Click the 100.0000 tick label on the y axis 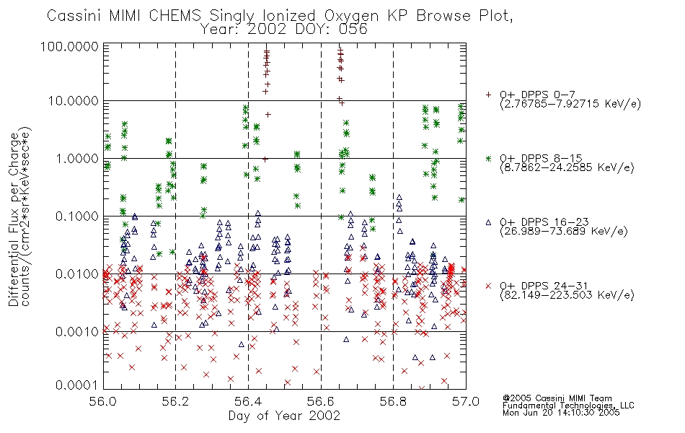pos(70,46)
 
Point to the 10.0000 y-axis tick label pos(74,101)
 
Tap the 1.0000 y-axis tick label pos(77,158)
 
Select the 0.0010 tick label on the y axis pos(77,332)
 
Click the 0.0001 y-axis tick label pos(77,385)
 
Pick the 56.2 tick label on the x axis pos(176,401)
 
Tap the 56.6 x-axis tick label pos(321,401)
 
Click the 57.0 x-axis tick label pos(466,401)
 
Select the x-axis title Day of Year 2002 pos(284,416)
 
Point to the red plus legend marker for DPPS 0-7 pos(488,95)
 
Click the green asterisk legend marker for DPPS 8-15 pos(488,158)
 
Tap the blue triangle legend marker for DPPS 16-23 pos(488,222)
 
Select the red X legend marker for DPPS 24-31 pos(488,286)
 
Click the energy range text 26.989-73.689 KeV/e pos(564,232)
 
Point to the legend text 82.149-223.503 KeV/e pos(567,295)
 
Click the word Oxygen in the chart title pos(352,16)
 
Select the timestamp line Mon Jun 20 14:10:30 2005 pos(561,413)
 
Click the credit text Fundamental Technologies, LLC pos(568,406)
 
